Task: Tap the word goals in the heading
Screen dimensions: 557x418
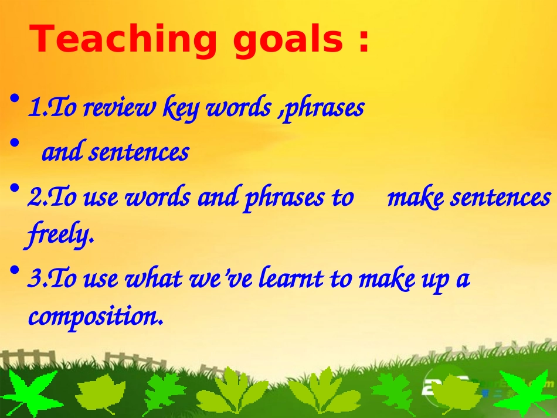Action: (x=288, y=39)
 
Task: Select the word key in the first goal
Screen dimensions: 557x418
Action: (x=180, y=108)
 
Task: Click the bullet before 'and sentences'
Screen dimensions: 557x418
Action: (x=15, y=144)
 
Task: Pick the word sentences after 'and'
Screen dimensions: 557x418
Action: (x=138, y=152)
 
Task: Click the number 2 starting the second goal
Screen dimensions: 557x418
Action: (x=35, y=198)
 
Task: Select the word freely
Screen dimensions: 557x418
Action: (x=59, y=235)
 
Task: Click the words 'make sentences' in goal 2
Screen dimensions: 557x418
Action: (x=469, y=197)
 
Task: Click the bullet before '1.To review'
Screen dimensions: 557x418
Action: (x=15, y=98)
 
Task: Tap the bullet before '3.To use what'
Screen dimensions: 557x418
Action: (x=15, y=271)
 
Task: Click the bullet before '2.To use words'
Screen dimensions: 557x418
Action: (x=15, y=188)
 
